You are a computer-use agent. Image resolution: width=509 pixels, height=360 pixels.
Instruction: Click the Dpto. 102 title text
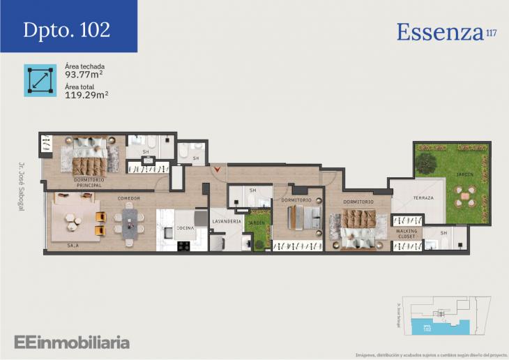tap(66, 29)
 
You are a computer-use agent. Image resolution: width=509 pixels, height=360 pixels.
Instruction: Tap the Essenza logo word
tap(440, 31)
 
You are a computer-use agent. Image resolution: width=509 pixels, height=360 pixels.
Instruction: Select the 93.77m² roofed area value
tap(84, 74)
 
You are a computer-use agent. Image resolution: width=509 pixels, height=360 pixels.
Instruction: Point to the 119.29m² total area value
tap(86, 95)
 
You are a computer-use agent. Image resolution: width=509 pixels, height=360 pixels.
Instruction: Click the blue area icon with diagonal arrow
tap(40, 80)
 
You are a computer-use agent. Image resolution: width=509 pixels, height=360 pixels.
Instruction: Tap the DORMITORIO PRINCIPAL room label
tap(89, 183)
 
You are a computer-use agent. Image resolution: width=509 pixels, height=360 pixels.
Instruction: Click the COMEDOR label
tap(128, 199)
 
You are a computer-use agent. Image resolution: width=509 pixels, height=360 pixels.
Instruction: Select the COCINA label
tap(185, 228)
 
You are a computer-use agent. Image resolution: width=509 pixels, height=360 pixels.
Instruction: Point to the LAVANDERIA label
tap(227, 221)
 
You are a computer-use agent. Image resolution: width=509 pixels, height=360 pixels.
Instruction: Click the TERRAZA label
tap(423, 198)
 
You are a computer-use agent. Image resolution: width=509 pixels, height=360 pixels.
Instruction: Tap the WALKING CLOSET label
tap(407, 234)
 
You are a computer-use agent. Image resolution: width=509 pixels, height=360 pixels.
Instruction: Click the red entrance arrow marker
tap(220, 169)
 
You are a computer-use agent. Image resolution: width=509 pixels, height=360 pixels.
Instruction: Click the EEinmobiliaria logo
tap(72, 342)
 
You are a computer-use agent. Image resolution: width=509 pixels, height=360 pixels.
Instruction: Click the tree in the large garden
tap(425, 163)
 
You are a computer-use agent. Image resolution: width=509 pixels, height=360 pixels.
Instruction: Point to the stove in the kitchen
tap(184, 245)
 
